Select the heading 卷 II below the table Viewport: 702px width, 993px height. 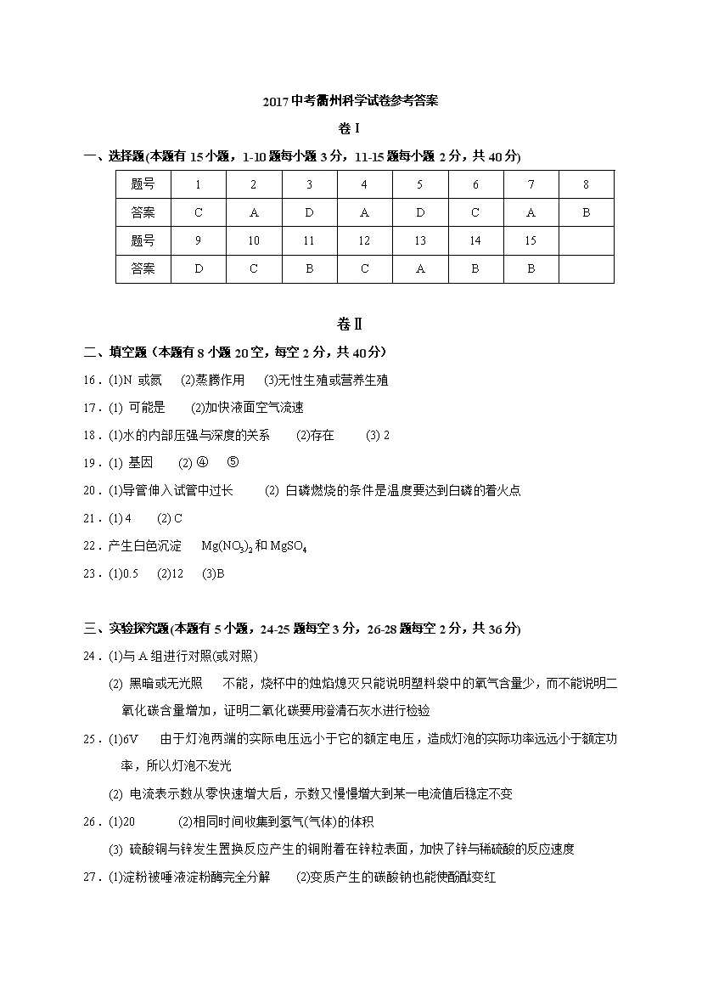350,324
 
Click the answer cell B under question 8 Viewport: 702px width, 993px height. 586,213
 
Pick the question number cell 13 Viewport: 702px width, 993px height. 419,241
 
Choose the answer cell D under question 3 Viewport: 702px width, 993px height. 309,213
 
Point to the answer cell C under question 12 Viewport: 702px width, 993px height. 364,269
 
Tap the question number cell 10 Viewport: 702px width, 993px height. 254,241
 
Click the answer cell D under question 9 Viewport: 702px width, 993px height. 199,269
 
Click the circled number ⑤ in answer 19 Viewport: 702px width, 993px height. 233,463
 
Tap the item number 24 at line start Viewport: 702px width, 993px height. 92,656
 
